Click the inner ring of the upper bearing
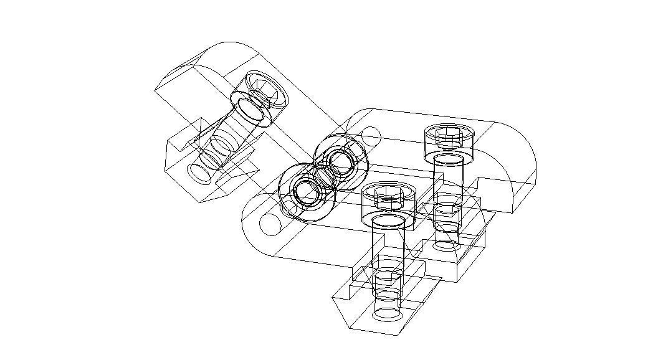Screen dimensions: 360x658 [x=341, y=162]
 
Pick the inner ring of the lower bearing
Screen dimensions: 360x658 [x=307, y=192]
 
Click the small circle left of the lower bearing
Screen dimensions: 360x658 [x=270, y=224]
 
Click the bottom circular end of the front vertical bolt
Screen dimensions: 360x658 [x=388, y=313]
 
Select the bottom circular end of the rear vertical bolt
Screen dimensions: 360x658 [x=447, y=244]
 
